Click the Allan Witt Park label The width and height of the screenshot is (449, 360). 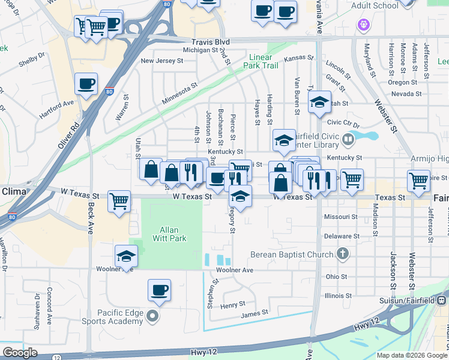173,234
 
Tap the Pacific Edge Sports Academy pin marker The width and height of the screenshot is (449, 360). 152,316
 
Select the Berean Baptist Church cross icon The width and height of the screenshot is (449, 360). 343,254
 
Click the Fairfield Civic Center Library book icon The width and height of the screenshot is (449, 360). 348,139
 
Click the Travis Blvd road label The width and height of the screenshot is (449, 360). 211,42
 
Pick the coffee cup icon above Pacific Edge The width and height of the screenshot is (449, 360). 159,290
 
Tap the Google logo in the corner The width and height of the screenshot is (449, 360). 20,353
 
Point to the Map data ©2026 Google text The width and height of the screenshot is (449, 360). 411,355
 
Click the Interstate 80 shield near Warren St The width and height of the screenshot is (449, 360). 109,92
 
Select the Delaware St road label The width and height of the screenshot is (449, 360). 342,236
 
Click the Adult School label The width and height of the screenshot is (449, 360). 376,6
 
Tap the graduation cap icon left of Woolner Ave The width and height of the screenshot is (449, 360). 126,256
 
